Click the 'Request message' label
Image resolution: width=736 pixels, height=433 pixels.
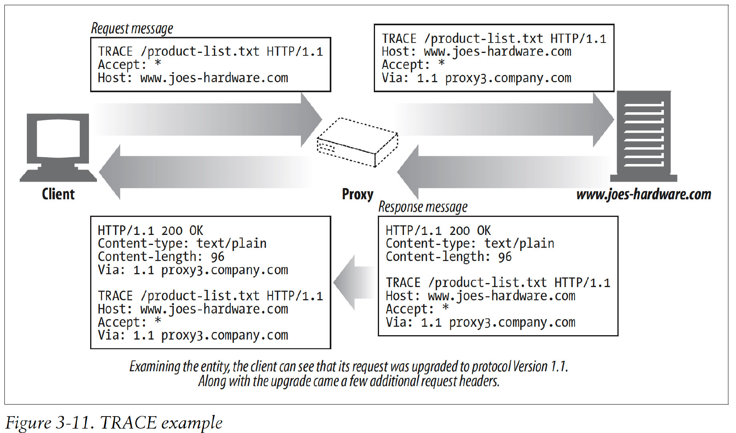tap(132, 28)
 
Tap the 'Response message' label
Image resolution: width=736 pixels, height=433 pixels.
tap(423, 207)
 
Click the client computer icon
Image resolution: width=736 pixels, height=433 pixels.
tap(58, 147)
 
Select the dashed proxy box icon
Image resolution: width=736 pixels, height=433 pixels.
tap(357, 142)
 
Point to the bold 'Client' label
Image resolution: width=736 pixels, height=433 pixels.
tap(58, 194)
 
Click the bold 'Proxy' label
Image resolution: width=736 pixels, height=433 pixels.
tap(357, 194)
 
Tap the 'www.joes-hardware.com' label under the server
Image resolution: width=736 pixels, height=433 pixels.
tap(643, 194)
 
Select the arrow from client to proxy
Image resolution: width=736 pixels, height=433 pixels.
tap(208, 119)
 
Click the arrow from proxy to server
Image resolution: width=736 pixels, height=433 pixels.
tap(505, 119)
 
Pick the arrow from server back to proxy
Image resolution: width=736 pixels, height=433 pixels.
tap(505, 172)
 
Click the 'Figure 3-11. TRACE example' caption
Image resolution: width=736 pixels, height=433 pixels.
tap(114, 423)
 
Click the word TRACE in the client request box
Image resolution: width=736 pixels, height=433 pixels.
tap(115, 52)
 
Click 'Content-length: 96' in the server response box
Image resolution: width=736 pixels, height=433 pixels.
tap(448, 257)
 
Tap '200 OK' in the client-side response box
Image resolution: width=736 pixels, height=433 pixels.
tap(182, 231)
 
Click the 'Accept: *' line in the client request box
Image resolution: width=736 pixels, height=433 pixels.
tap(129, 65)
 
